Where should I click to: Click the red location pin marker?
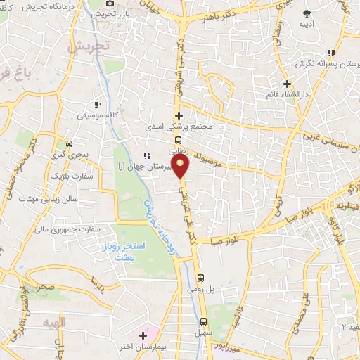(181, 166)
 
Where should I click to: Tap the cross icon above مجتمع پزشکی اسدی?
(179, 115)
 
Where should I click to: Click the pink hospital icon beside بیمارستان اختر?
(144, 335)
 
